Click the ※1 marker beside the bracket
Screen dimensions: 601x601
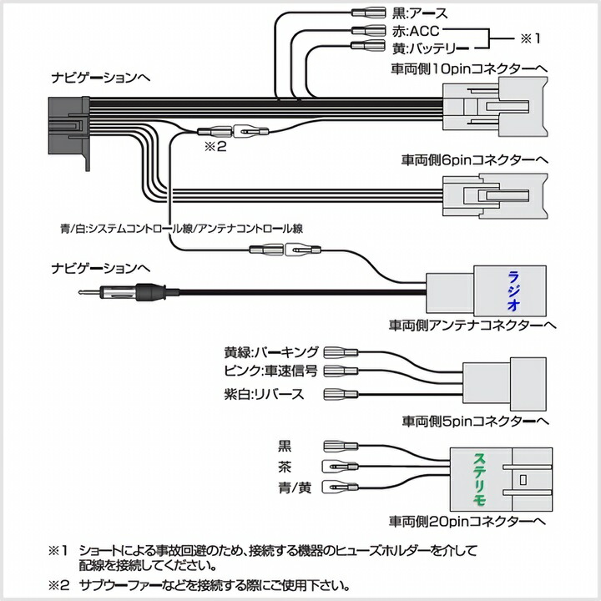click(531, 38)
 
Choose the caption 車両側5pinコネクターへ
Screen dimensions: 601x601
click(474, 421)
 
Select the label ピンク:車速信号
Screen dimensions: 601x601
click(271, 371)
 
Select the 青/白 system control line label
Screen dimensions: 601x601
click(182, 226)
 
